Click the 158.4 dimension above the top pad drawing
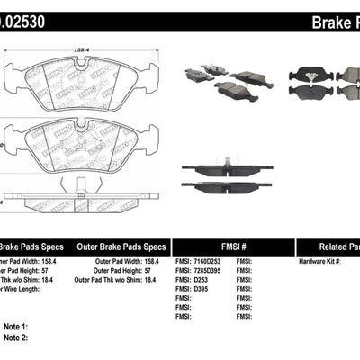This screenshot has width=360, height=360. (x=82, y=51)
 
